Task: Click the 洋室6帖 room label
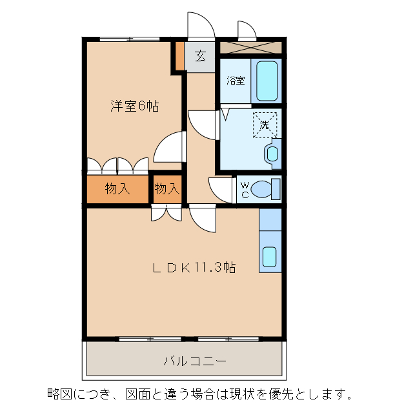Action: pos(134,106)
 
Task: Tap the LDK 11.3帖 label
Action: pos(193,268)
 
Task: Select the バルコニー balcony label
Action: pos(194,360)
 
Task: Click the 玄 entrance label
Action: pos(201,56)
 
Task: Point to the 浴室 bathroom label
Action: pos(236,81)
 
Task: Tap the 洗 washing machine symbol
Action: pos(265,125)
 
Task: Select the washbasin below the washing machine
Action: pos(272,154)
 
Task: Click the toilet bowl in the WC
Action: pos(265,190)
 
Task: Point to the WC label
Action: pos(245,190)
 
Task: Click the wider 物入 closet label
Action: pos(117,190)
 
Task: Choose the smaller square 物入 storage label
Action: pos(166,190)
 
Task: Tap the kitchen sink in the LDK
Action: pos(270,257)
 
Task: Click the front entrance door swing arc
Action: pos(201,25)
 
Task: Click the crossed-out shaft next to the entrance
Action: pos(250,48)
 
